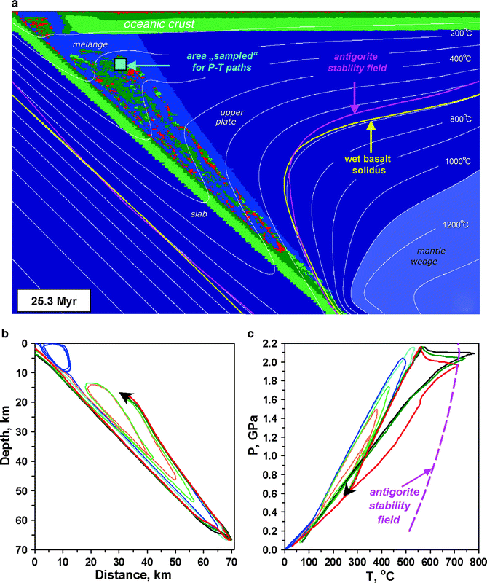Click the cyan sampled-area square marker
120,65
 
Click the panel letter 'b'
6,335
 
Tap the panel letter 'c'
251,335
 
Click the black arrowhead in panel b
125,396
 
